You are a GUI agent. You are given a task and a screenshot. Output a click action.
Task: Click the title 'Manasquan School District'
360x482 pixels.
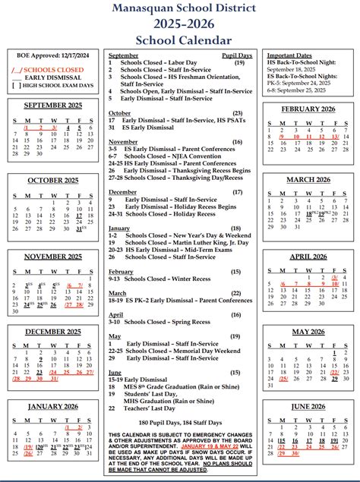click(179, 8)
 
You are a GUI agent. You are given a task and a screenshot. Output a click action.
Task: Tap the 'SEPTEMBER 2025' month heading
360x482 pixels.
click(52, 106)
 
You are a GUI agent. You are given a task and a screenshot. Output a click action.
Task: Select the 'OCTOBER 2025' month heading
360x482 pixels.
click(52, 180)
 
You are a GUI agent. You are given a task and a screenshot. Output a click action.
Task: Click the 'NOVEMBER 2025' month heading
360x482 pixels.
click(52, 256)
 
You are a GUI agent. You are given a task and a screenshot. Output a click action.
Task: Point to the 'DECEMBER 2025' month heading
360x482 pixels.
click(52, 331)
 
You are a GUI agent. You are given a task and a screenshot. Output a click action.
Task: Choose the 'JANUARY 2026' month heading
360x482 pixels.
click(52, 406)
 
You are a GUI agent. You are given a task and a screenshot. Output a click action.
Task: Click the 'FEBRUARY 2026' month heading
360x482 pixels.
click(308, 109)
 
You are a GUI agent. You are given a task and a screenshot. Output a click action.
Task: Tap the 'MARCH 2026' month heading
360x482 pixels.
click(308, 179)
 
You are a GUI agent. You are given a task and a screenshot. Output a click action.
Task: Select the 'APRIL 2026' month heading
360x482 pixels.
click(308, 256)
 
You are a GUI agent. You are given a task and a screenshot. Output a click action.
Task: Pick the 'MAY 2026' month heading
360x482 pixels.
click(308, 331)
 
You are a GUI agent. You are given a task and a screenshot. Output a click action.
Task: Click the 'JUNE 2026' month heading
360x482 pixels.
click(308, 406)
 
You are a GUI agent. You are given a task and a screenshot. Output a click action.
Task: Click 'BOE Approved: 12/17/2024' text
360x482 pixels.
click(52, 55)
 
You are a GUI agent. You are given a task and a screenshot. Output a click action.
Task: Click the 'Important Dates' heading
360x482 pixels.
click(289, 55)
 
